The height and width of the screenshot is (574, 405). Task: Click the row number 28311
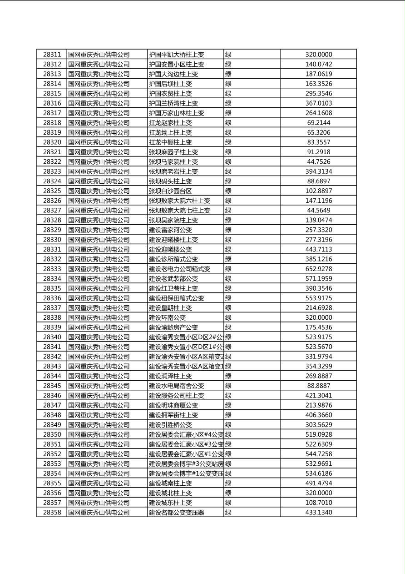click(52, 55)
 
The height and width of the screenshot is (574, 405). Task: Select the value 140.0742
click(318, 64)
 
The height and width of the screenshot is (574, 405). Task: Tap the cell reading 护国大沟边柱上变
click(173, 74)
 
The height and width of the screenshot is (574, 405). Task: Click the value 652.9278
click(318, 269)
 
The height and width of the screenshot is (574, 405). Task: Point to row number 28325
click(52, 191)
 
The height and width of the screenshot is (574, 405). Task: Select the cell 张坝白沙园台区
click(170, 191)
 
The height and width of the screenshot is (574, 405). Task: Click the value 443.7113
click(318, 249)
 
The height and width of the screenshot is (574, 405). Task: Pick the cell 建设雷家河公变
click(170, 230)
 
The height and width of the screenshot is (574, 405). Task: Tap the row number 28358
click(52, 512)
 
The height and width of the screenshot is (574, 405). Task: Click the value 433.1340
click(318, 512)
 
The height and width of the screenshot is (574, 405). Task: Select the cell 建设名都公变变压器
click(177, 512)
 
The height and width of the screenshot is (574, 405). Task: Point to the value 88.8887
click(318, 386)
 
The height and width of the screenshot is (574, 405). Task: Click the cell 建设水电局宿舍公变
click(177, 386)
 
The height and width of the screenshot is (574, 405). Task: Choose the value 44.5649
click(318, 210)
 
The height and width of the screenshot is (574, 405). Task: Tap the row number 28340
click(52, 337)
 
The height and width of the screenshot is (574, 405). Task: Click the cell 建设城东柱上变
click(170, 503)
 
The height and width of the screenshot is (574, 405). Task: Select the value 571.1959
click(318, 278)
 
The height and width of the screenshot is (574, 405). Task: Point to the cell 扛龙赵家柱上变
click(170, 123)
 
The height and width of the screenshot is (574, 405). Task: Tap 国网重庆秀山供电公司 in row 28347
click(99, 405)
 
